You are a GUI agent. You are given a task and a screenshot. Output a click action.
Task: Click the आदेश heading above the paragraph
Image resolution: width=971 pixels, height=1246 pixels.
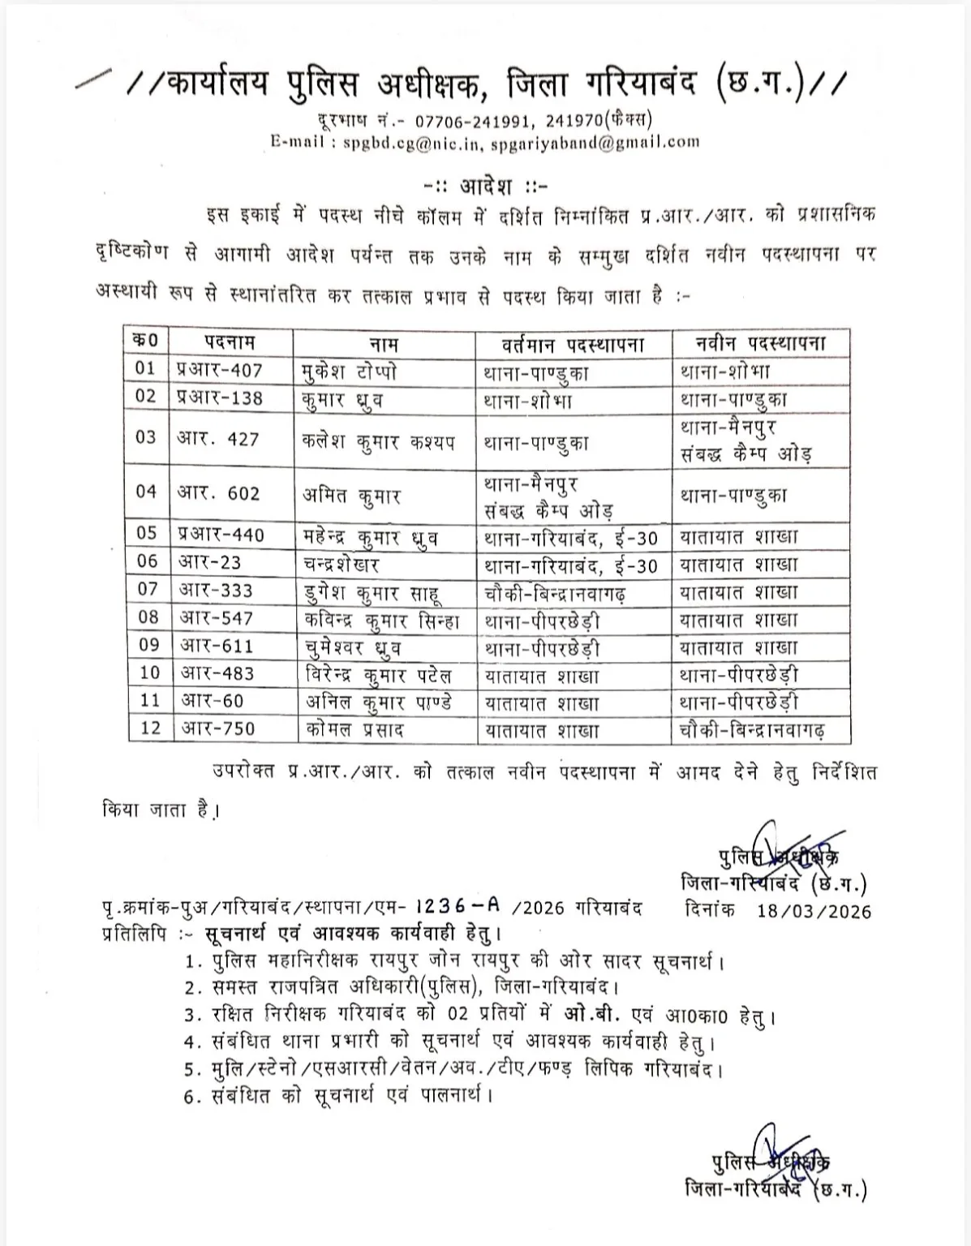486,186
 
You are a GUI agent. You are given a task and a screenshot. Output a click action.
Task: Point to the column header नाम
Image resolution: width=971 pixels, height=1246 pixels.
384,342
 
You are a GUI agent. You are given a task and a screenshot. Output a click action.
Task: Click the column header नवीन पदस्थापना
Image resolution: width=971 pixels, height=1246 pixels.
760,342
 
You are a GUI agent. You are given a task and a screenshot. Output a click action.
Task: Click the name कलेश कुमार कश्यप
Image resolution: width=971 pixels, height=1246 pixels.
377,442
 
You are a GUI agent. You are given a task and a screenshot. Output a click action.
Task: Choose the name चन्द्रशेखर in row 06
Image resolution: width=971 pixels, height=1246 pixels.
340,563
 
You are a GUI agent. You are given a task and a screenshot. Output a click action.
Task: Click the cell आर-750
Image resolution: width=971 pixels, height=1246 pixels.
217,728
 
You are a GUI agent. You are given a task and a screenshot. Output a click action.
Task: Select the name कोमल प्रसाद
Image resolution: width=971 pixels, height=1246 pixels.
351,728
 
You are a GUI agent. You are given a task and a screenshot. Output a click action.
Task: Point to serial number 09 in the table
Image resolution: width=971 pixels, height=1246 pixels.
149,647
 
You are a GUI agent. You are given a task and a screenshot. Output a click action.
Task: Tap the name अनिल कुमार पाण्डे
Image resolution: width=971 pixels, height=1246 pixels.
376,702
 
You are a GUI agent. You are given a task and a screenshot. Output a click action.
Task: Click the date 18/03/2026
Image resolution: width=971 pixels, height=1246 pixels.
814,911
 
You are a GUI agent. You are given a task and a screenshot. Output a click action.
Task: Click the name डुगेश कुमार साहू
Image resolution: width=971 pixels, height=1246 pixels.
370,592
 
